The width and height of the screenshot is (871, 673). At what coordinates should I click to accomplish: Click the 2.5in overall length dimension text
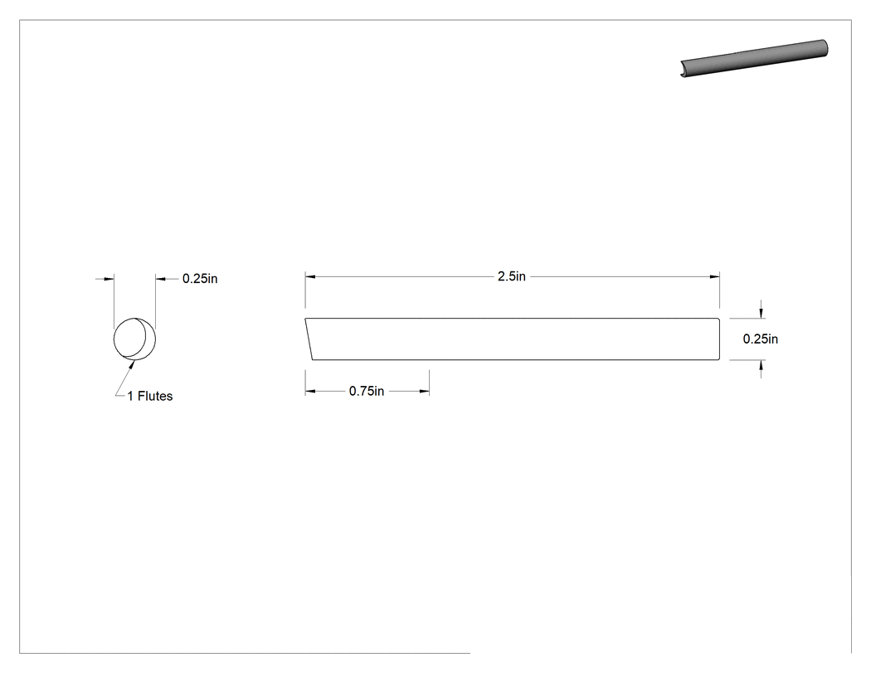click(511, 276)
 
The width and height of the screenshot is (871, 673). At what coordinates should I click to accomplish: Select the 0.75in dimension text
click(367, 391)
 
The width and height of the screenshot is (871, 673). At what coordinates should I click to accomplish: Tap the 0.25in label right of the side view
click(761, 339)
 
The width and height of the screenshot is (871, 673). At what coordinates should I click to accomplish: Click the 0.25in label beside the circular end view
click(200, 279)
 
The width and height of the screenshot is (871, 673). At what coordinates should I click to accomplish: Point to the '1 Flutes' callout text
click(150, 396)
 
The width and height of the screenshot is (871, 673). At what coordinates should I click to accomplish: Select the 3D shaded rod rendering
click(754, 58)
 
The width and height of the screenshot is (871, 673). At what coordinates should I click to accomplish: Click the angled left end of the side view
click(309, 339)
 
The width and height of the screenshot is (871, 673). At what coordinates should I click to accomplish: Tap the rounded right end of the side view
click(719, 339)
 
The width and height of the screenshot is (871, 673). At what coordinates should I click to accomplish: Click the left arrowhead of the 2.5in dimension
click(310, 276)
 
